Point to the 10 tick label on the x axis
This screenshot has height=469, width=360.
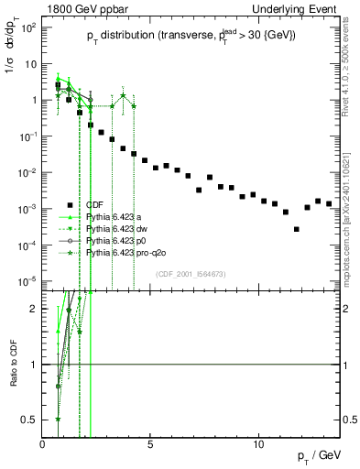(x=259, y=444)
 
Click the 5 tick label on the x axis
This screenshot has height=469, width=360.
(x=151, y=444)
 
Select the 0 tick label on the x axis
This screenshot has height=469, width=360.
(x=43, y=444)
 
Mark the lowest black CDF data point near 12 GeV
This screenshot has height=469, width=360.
(x=296, y=229)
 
